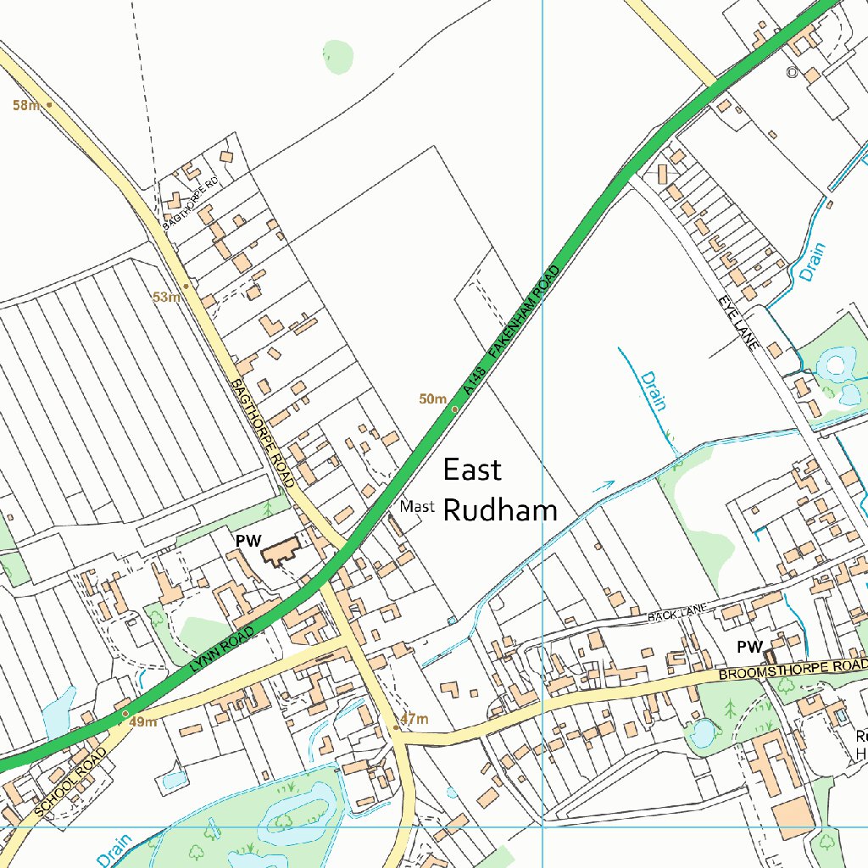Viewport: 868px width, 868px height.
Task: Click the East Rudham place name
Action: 500,490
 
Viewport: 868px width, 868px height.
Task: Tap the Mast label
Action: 417,507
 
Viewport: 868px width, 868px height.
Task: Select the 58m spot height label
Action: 25,105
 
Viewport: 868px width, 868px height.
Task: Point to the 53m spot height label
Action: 166,298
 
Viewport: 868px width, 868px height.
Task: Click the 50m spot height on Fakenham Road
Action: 432,398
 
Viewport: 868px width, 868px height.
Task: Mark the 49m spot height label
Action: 143,722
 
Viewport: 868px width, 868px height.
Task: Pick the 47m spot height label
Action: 415,720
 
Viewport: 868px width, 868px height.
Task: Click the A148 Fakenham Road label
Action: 512,331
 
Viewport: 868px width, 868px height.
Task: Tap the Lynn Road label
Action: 222,651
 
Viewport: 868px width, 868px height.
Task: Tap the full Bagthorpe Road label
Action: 261,432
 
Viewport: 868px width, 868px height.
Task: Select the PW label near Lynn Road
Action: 248,540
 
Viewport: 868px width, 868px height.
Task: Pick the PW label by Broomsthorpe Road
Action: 749,648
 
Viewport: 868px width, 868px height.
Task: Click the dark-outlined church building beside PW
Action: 281,553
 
